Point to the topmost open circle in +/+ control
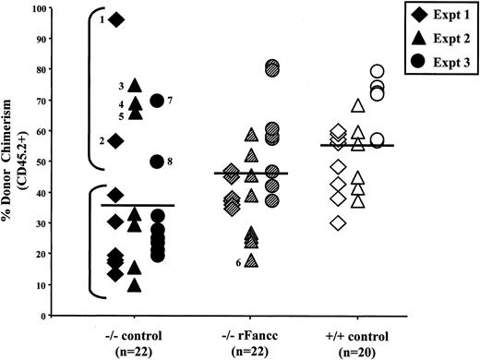[x=377, y=71]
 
